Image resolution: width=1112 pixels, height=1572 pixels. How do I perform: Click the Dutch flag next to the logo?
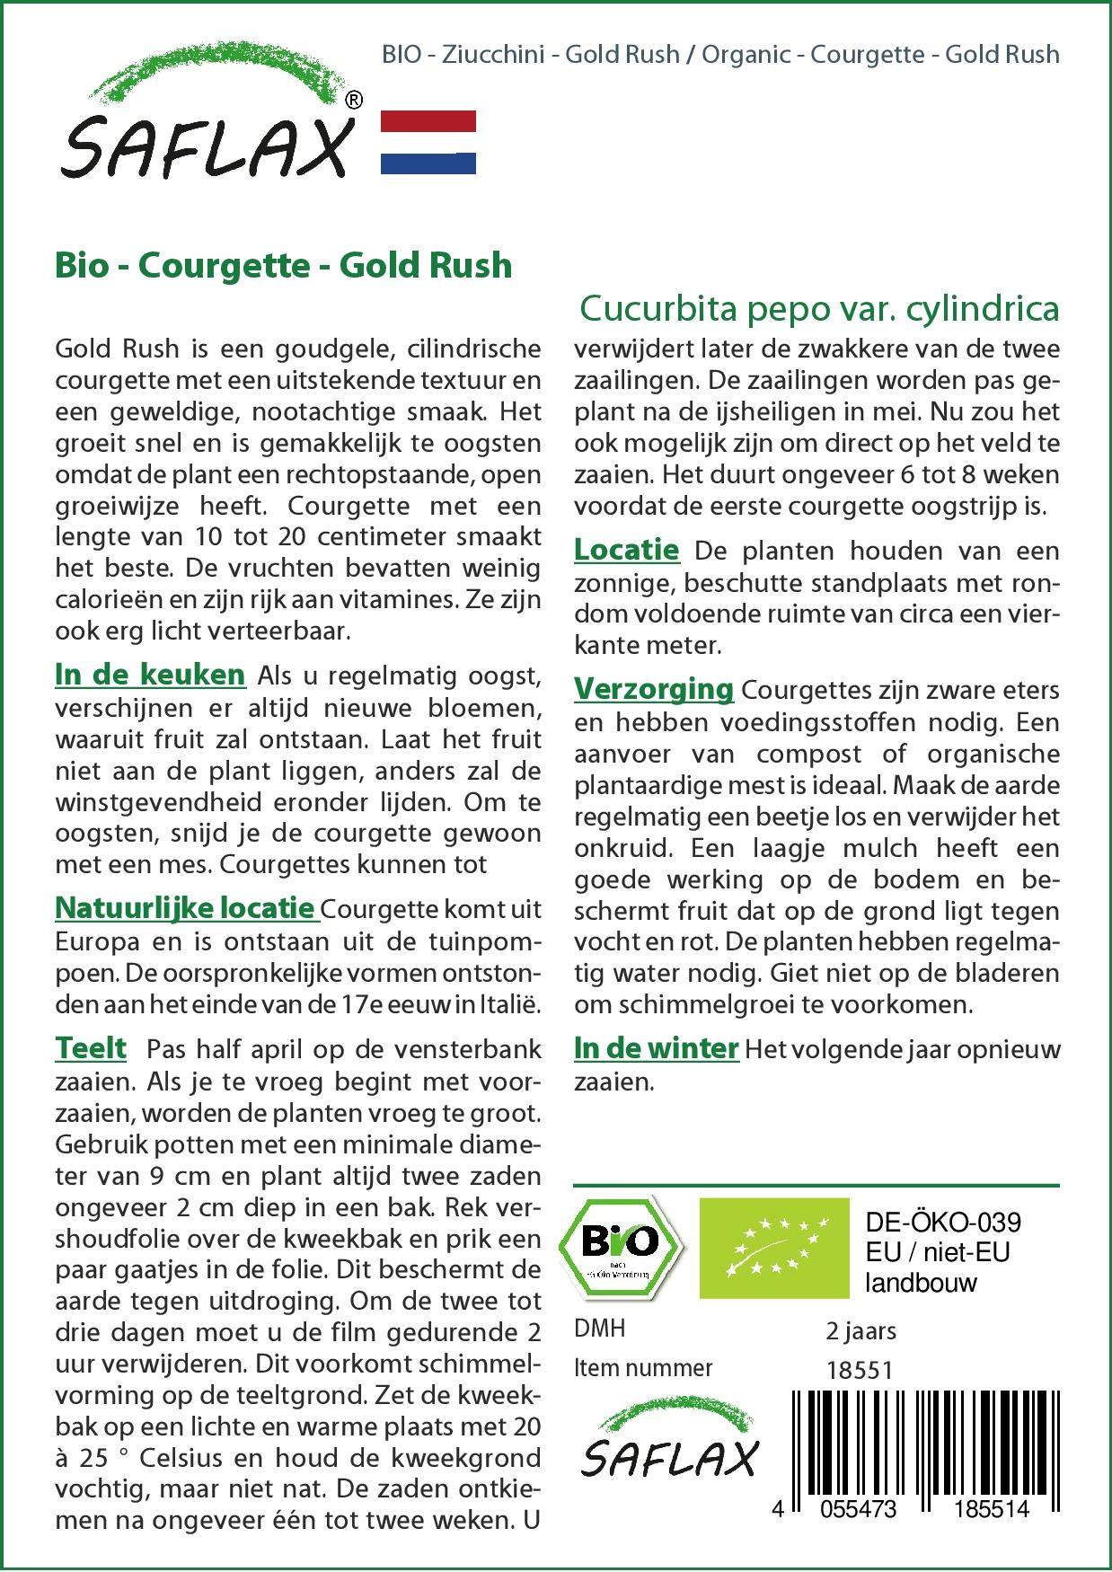tap(428, 142)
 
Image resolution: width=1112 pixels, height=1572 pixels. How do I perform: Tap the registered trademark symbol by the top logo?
tap(354, 101)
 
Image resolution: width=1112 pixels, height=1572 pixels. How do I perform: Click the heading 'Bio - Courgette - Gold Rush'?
tap(283, 266)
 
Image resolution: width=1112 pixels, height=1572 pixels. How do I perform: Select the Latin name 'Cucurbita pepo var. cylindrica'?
tap(819, 308)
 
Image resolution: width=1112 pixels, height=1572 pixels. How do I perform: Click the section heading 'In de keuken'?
tap(150, 675)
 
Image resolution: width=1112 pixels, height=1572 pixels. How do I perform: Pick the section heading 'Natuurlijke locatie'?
tap(185, 908)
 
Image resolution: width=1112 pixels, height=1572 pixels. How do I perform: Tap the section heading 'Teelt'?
tap(91, 1048)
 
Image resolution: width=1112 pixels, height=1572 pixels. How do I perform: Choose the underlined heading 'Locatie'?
tap(626, 550)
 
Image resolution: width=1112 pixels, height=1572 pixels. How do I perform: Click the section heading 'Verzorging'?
tap(654, 690)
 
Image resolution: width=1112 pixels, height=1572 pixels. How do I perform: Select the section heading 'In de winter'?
tap(656, 1048)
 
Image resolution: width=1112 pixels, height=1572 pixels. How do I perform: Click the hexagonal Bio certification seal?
tap(621, 1247)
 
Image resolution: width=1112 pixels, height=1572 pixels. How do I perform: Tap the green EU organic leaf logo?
tap(773, 1247)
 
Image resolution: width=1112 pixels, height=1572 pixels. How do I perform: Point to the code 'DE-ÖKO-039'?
tap(942, 1223)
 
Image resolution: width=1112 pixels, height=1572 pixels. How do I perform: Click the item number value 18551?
tap(860, 1369)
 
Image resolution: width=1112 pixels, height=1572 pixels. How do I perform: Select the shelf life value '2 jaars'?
tap(860, 1330)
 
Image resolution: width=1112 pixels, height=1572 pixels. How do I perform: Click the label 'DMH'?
tap(599, 1329)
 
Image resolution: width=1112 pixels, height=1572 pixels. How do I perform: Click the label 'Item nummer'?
tap(643, 1368)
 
